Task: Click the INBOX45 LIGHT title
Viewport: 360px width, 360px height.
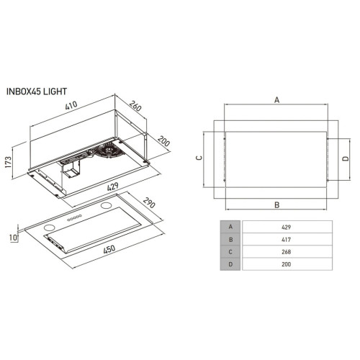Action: [37, 91]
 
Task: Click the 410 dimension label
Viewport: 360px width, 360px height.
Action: [71, 105]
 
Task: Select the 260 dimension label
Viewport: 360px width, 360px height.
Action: [135, 106]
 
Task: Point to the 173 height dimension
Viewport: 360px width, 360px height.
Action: [9, 162]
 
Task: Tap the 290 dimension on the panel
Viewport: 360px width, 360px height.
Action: [149, 203]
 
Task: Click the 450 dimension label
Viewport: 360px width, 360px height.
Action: [109, 249]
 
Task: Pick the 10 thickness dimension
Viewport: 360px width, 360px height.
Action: [14, 238]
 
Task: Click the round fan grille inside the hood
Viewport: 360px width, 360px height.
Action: [109, 150]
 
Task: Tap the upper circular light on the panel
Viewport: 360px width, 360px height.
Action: [106, 205]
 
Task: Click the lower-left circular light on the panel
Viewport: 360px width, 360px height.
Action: [50, 228]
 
